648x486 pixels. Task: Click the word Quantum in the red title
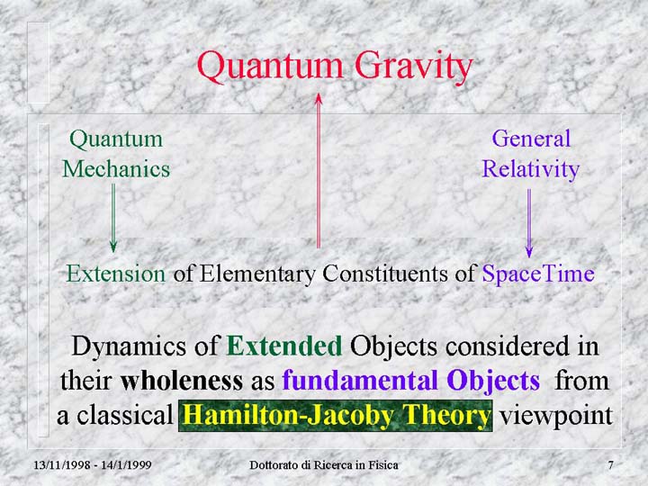270,67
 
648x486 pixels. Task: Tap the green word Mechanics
116,169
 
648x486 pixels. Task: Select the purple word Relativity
531,170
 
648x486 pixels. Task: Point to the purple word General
531,139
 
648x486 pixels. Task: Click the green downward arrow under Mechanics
113,218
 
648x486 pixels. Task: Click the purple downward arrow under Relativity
529,223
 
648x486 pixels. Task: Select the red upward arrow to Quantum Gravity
319,171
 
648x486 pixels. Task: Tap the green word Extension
116,274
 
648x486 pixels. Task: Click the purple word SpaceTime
538,274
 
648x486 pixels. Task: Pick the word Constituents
385,274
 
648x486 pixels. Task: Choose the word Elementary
257,274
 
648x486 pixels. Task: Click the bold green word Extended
284,346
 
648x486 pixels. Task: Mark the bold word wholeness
182,381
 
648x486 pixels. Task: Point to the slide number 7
610,465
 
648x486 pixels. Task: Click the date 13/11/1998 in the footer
61,465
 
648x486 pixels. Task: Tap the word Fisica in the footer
384,465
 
